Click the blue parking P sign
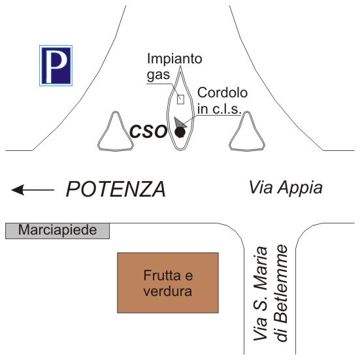(x=56, y=65)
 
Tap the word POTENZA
(x=116, y=189)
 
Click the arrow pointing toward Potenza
(x=33, y=190)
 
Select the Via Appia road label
(x=286, y=188)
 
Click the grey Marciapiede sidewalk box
(x=57, y=231)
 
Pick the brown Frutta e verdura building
(x=168, y=283)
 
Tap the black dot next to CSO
(x=180, y=132)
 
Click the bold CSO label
(x=148, y=131)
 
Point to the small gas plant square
(x=181, y=99)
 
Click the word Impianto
(x=174, y=59)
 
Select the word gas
(x=158, y=75)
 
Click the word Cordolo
(x=222, y=93)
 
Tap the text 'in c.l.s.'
(x=220, y=109)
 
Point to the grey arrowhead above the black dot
(x=179, y=123)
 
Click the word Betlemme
(x=282, y=293)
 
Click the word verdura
(x=168, y=291)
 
